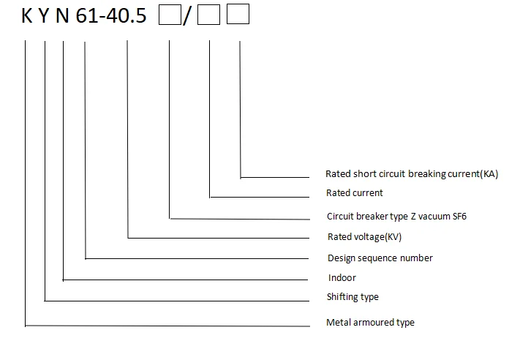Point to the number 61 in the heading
[87, 15]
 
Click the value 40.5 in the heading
[127, 15]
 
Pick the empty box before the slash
[169, 15]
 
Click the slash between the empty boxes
[187, 16]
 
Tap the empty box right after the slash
[208, 15]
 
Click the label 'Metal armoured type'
[370, 323]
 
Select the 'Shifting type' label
[352, 297]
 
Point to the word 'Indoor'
[342, 278]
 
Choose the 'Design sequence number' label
[380, 258]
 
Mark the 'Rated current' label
[355, 193]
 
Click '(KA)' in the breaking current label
[486, 174]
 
